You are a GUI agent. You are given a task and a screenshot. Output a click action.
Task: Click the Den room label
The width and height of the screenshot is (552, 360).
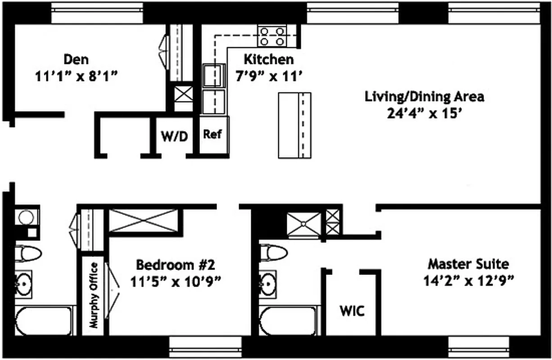tap(76, 59)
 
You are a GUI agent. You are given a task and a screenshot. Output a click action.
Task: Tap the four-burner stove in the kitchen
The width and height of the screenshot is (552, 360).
tap(272, 36)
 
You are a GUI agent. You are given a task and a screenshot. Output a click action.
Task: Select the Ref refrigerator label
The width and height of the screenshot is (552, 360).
tap(212, 134)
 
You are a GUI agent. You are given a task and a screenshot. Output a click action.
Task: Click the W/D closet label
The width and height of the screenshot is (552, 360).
tap(174, 136)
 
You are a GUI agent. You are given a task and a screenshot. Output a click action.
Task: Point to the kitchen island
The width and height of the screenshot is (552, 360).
tap(294, 125)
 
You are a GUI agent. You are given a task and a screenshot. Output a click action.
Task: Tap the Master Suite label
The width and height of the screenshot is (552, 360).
tap(468, 263)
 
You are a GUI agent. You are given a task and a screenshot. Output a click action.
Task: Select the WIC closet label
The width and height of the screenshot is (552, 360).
tap(352, 311)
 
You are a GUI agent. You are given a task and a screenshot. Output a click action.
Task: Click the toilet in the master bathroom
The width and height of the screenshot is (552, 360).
tap(273, 253)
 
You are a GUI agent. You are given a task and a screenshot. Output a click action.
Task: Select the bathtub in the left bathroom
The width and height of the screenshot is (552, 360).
tap(43, 320)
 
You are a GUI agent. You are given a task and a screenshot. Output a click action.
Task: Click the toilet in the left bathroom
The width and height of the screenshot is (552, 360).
tap(27, 253)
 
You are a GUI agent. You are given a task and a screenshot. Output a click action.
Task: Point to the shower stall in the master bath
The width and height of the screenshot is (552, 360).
tap(304, 224)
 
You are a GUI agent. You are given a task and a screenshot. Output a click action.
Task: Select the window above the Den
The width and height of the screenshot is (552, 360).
tap(97, 13)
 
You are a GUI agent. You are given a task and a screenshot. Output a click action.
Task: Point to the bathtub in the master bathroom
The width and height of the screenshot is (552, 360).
tap(288, 320)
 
